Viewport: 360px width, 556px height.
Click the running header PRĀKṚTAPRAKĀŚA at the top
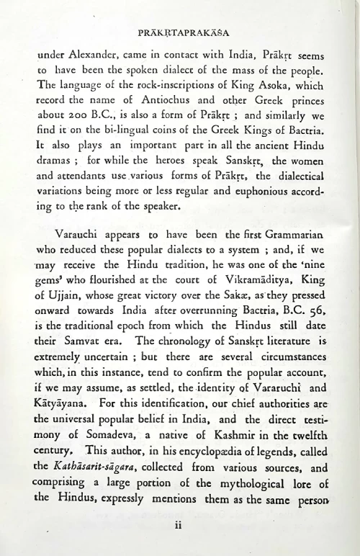(180, 33)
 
